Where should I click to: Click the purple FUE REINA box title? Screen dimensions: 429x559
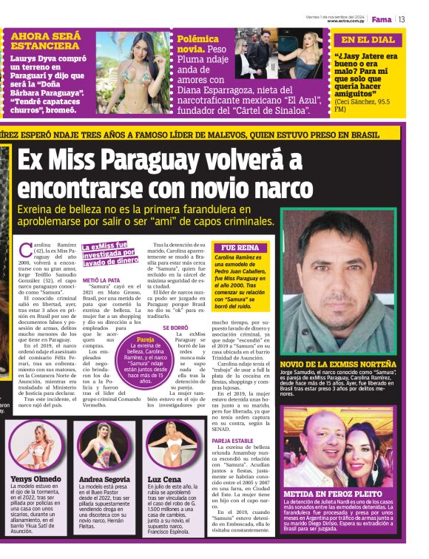coord(239,248)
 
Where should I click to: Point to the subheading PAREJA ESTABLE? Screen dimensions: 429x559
coord(232,441)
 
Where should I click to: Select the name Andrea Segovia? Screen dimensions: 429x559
coord(104,478)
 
